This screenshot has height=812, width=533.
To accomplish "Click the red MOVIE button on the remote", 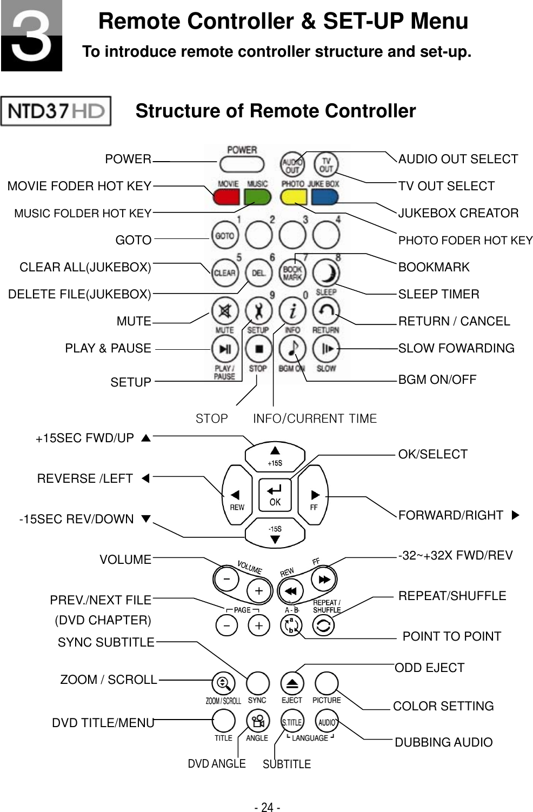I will tap(226, 196).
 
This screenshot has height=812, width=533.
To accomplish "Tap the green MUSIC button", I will tap(257, 196).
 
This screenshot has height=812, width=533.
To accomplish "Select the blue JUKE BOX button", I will tap(324, 196).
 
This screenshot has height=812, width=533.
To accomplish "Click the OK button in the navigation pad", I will tap(275, 495).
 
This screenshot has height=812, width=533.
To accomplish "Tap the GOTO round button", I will tap(224, 236).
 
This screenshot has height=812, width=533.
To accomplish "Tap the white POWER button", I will tap(241, 164).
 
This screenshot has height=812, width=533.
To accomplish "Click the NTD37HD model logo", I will tap(56, 111).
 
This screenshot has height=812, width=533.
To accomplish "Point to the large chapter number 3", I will tap(31, 36).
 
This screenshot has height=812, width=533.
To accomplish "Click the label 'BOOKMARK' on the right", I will tap(434, 267).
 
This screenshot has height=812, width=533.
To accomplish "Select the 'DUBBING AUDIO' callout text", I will tap(443, 742).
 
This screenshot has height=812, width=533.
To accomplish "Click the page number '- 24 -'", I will tap(267, 807).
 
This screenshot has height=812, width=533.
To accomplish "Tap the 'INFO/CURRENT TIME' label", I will tap(315, 418).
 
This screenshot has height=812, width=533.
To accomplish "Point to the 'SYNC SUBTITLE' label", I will tap(106, 642).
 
